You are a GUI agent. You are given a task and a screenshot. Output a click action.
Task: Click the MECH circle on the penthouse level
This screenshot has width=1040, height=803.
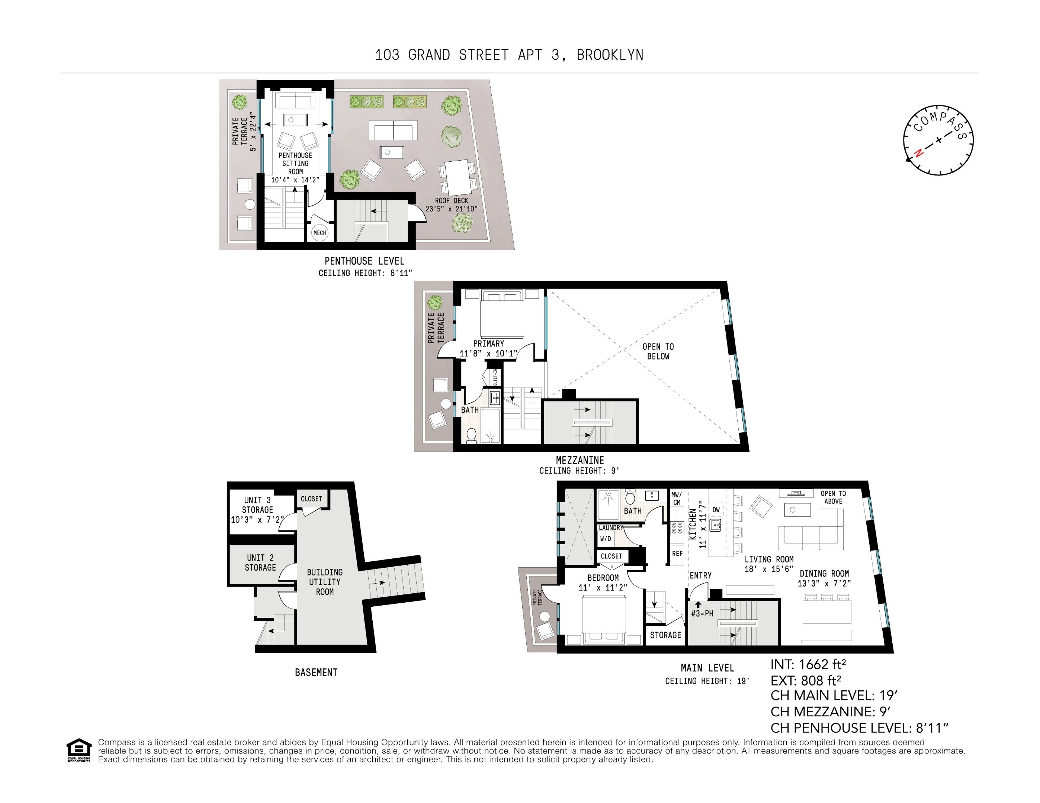(320, 233)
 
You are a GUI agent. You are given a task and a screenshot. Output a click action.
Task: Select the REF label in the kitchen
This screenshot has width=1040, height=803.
(677, 554)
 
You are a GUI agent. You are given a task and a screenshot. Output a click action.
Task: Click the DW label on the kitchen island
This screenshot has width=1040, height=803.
(716, 510)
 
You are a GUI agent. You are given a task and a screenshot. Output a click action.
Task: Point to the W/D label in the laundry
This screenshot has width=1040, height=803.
(605, 539)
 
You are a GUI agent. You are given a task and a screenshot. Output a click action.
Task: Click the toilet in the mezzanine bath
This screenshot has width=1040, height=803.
(471, 434)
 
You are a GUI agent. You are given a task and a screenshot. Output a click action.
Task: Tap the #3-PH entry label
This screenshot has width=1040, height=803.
(702, 613)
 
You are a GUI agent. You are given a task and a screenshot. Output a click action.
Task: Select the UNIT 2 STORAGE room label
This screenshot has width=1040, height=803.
(260, 562)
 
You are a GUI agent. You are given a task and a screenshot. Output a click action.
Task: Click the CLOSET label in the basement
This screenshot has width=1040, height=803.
(311, 499)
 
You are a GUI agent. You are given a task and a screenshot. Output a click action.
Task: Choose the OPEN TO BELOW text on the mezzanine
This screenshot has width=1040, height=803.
(658, 351)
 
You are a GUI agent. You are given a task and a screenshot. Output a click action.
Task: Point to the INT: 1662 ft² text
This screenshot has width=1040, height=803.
(808, 664)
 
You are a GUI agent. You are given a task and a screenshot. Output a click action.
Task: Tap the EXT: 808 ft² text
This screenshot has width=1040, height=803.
(806, 680)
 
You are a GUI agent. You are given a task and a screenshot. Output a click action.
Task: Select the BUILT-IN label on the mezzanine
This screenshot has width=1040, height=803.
(495, 377)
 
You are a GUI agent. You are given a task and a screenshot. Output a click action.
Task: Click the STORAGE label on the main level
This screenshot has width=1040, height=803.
(665, 635)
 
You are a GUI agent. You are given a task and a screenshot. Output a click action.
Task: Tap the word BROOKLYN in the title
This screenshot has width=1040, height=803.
(610, 55)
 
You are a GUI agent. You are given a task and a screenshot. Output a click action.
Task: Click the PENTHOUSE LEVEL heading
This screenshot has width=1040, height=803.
(364, 261)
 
